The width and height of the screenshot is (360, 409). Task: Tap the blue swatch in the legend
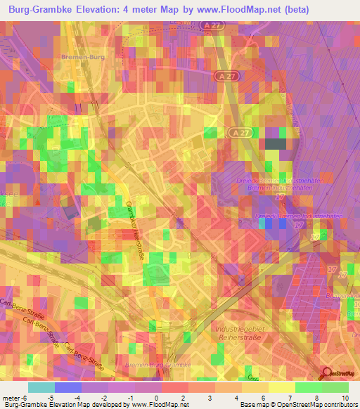click(x=68, y=387)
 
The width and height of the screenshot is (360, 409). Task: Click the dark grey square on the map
click(x=276, y=144)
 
